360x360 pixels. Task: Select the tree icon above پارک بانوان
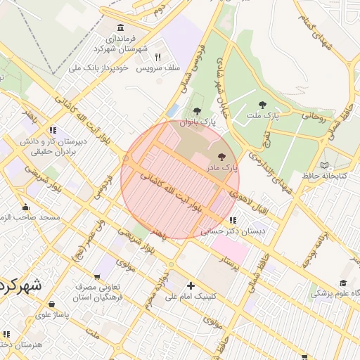[197, 112]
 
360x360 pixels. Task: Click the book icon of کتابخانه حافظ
[324, 165]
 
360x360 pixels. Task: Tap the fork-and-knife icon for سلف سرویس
[158, 58]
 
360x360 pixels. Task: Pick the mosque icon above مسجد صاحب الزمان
[26, 207]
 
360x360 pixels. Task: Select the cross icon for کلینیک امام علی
[191, 285]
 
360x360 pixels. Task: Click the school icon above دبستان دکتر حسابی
[233, 220]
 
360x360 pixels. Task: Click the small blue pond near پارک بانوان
[173, 111]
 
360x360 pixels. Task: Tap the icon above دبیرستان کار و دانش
[53, 130]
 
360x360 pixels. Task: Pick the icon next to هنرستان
[6, 334]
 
